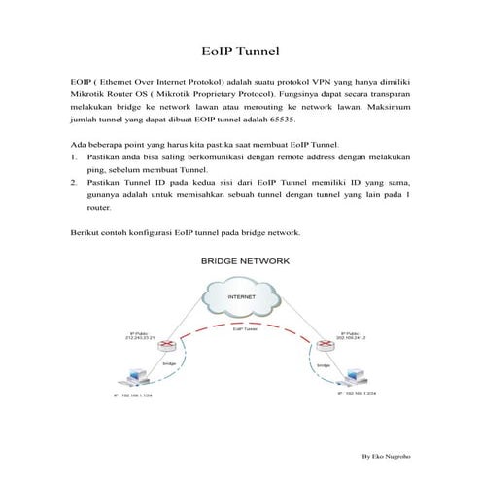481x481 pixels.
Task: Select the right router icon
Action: coord(320,343)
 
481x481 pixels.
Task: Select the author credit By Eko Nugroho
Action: coord(385,455)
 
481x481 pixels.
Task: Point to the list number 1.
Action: coord(75,156)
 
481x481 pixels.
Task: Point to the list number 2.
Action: coord(75,182)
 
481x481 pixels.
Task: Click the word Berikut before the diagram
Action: coord(87,234)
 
